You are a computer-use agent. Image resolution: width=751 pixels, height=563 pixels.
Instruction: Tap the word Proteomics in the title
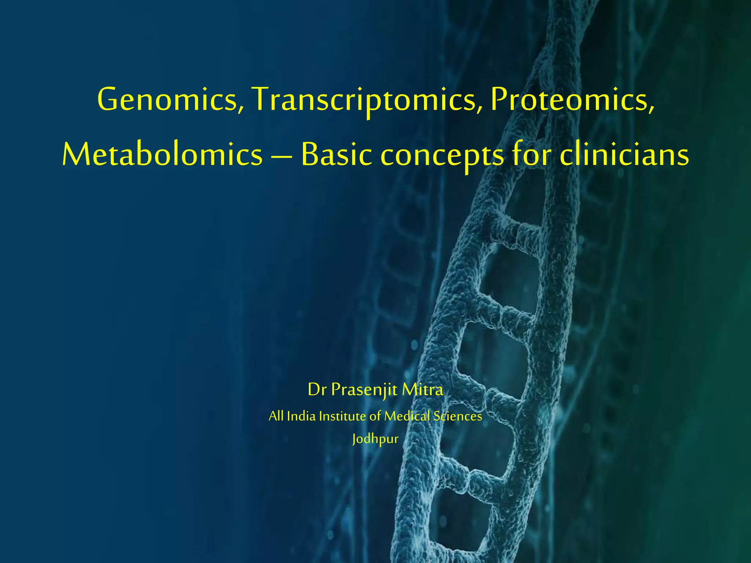568,100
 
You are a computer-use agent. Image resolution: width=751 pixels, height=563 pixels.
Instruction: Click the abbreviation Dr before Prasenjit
317,390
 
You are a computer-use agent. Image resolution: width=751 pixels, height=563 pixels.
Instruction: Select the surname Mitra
422,389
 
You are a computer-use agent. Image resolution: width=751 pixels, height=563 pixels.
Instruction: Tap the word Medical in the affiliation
407,416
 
